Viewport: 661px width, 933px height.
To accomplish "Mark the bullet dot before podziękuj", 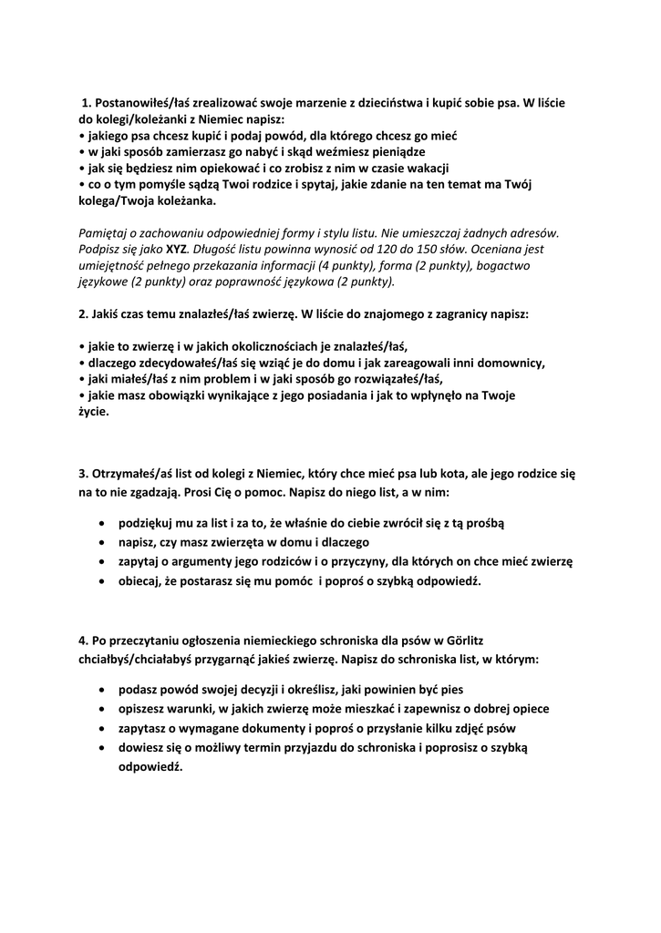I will pos(99,524).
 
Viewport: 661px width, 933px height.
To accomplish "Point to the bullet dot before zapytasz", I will pos(99,728).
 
